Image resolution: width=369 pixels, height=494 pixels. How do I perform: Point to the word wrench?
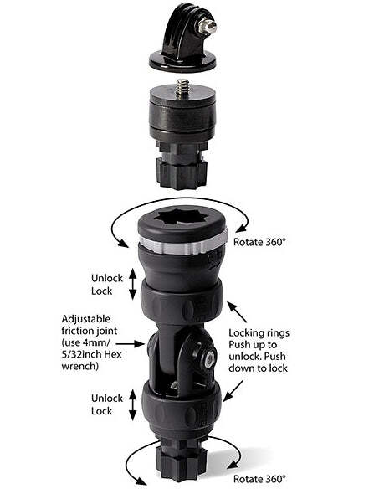(79, 365)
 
